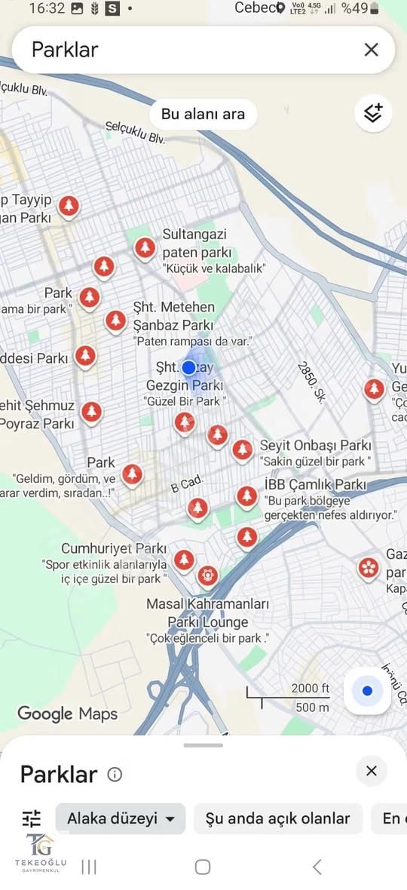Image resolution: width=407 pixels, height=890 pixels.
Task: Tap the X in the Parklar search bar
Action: click(371, 50)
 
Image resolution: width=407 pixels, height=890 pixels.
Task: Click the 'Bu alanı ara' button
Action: click(203, 114)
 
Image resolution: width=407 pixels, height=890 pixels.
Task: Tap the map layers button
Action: click(373, 113)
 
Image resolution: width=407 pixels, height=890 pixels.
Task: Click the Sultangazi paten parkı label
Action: click(195, 244)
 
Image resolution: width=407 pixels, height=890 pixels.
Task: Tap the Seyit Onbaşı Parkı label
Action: click(315, 445)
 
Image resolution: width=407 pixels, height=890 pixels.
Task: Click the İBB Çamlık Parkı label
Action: click(315, 484)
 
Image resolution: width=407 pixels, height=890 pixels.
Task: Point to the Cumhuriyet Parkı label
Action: click(114, 548)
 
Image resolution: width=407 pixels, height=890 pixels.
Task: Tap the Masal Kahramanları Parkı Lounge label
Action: click(207, 613)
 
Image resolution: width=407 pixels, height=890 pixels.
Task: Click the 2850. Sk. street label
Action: click(310, 382)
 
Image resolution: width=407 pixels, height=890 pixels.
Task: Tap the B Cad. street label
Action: click(187, 483)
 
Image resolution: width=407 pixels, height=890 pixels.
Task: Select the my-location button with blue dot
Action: click(367, 691)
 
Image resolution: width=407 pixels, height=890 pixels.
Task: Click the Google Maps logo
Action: click(67, 714)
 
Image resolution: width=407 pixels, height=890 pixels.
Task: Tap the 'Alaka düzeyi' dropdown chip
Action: click(121, 818)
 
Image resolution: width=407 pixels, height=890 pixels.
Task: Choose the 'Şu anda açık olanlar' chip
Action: click(277, 818)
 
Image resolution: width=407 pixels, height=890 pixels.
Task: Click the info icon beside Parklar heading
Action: click(115, 775)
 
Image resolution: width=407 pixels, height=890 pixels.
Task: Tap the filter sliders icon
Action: click(32, 818)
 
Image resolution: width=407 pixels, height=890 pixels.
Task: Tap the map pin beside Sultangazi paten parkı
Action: click(145, 248)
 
